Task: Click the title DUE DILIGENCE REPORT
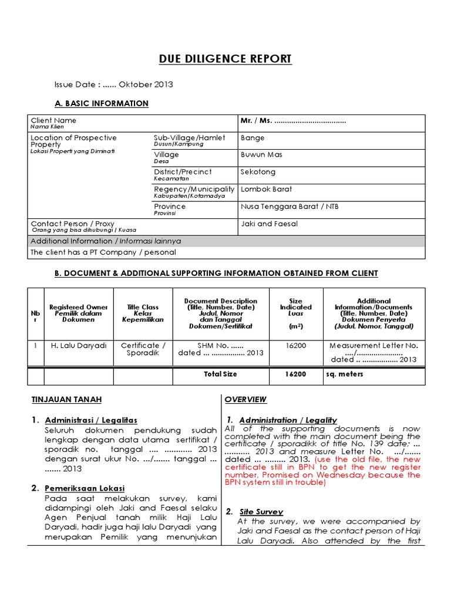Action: [225, 59]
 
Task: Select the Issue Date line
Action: [113, 85]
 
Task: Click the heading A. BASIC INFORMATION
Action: [101, 103]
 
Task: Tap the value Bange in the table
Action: [253, 138]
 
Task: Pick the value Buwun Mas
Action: [261, 155]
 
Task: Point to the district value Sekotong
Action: [258, 172]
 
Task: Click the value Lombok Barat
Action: [266, 189]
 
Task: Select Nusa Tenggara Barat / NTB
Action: [290, 207]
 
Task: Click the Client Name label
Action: [53, 120]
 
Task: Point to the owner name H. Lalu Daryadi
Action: [78, 346]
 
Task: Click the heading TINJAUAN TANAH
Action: [66, 400]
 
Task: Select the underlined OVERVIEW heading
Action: [245, 400]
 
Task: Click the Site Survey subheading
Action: [261, 512]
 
